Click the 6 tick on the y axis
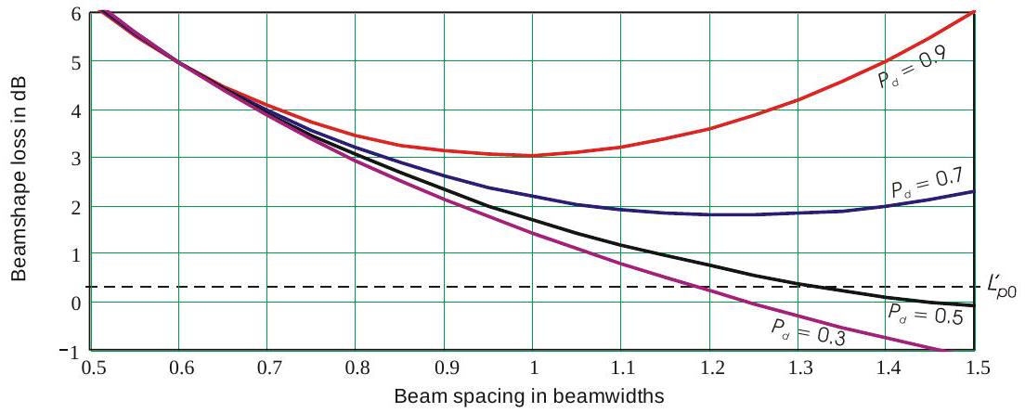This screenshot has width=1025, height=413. click(x=74, y=13)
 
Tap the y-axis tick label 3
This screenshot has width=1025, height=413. click(x=74, y=158)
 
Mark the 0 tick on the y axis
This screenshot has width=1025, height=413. click(x=74, y=303)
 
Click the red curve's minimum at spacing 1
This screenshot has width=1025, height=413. click(x=533, y=155)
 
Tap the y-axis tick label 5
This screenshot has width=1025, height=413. click(x=74, y=61)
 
